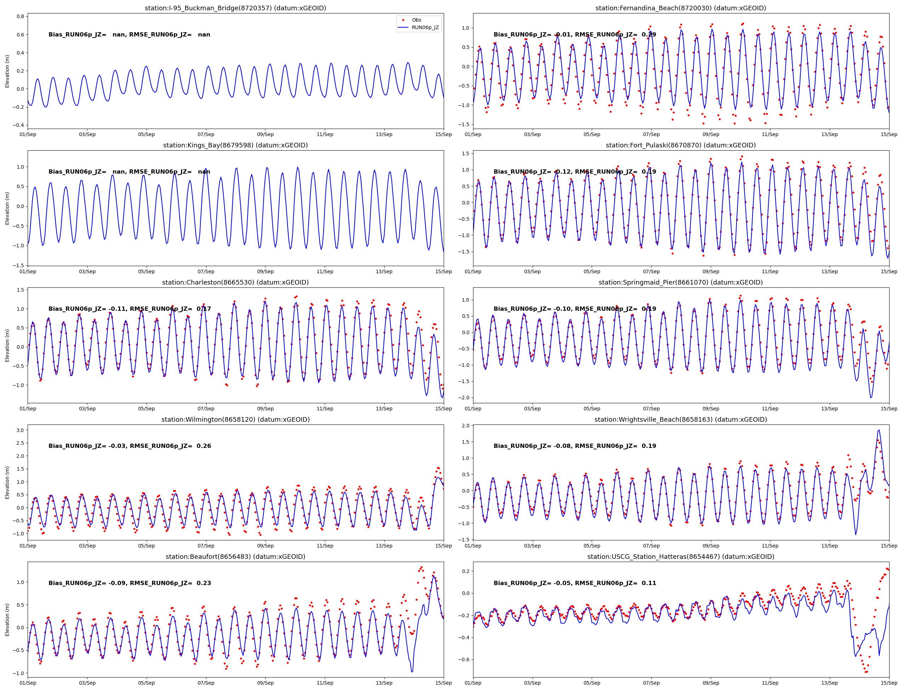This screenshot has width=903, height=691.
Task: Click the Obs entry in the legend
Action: coord(416,20)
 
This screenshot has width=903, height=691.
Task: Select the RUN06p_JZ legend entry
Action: coord(425,28)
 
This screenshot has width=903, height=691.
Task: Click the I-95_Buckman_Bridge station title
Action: coord(235,8)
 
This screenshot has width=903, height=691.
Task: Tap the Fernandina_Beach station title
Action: coord(680,8)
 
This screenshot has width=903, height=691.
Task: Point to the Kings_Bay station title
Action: coord(235,145)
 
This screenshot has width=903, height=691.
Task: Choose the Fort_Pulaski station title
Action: coord(680,145)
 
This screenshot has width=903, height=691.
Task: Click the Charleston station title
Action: coord(235,282)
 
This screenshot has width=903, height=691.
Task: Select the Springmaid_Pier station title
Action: coord(680,282)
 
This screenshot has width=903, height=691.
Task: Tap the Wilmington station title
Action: coord(235,420)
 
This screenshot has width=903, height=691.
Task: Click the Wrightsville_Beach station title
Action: coord(680,420)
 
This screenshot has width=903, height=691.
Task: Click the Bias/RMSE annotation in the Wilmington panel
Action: coord(130,446)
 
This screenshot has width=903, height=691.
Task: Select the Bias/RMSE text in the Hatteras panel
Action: coord(575,583)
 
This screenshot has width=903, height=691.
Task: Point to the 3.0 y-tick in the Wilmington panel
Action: coord(20,430)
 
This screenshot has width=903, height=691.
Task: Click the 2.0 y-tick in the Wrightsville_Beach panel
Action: coord(465,426)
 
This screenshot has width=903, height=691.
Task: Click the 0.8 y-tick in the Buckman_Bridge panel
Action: coord(20,16)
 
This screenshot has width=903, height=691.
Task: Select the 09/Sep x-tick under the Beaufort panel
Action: coord(265,683)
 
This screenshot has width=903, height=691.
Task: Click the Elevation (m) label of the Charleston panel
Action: coord(7,345)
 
